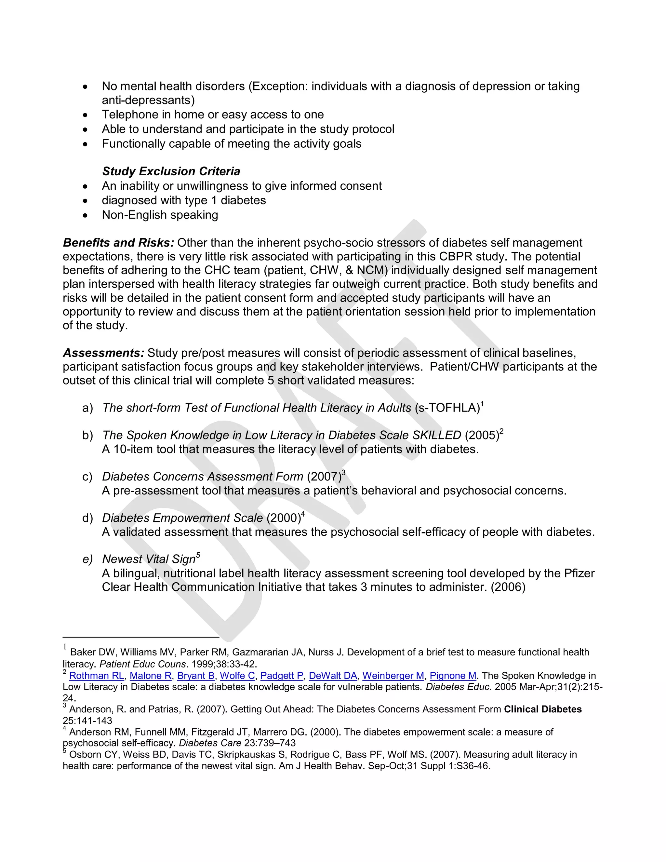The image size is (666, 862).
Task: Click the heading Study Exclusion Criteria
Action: tap(171, 171)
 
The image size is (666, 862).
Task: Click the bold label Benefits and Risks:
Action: tap(118, 243)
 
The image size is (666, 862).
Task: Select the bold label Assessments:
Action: tap(103, 353)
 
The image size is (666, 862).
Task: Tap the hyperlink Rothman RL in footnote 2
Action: tap(97, 676)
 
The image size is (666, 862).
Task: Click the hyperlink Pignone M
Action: tap(453, 676)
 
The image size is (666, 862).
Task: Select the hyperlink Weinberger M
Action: tap(393, 676)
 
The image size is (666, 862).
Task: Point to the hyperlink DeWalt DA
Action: tap(333, 676)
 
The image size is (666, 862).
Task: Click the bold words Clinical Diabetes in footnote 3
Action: tap(542, 709)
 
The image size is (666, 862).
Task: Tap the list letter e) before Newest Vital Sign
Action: tap(87, 559)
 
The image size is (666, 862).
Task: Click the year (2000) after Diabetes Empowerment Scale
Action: tap(284, 518)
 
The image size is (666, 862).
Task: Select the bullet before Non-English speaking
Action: tap(86, 215)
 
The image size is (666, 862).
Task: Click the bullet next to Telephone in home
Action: tap(86, 115)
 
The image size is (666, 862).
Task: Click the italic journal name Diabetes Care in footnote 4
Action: tap(210, 743)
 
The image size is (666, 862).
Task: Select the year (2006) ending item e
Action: tap(508, 587)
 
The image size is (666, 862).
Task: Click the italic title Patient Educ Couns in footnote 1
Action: tap(142, 664)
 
